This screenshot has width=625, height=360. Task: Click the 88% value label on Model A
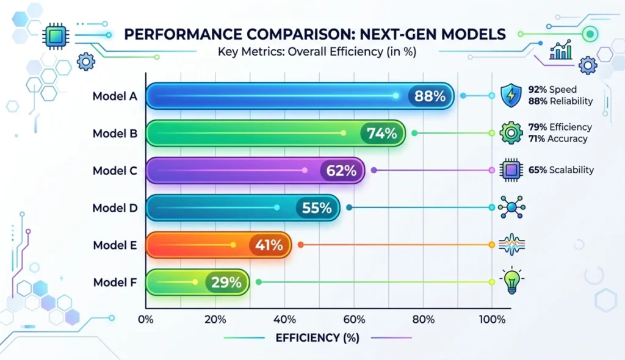click(x=433, y=96)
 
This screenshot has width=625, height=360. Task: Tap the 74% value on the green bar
click(x=382, y=133)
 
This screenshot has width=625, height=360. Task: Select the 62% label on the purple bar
click(x=341, y=171)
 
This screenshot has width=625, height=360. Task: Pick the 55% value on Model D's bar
click(x=317, y=208)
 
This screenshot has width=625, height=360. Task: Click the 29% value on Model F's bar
click(x=226, y=283)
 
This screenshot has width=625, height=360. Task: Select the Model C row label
click(x=115, y=171)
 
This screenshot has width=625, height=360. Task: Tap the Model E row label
click(x=115, y=245)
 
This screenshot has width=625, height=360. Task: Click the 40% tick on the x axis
click(x=285, y=319)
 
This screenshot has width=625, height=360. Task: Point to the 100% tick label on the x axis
click(x=492, y=319)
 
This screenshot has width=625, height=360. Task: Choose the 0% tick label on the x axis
click(x=146, y=319)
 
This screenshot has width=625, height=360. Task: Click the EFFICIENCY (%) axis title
click(x=317, y=337)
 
